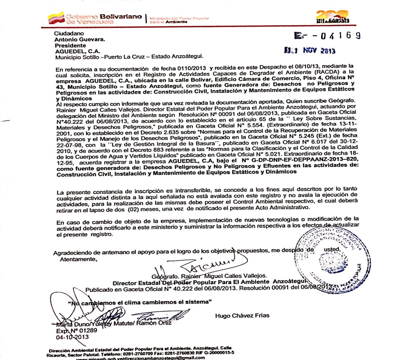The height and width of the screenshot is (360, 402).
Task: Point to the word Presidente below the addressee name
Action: (70, 45)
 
